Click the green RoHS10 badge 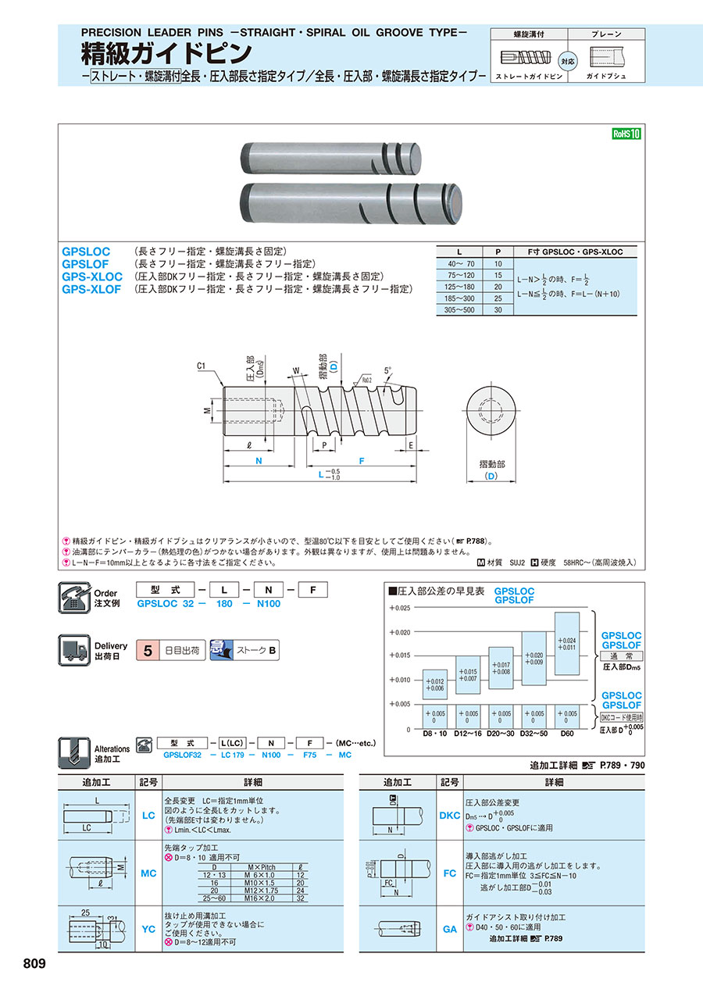(626, 134)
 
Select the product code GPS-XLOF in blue (91, 289)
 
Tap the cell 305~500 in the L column (459, 309)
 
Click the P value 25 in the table (498, 298)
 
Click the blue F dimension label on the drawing (361, 462)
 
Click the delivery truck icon (75, 650)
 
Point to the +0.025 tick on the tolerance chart (398, 607)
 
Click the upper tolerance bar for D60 (568, 644)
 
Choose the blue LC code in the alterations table (148, 815)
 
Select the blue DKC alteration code (450, 815)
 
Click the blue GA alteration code (450, 929)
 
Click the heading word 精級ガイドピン (167, 52)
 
